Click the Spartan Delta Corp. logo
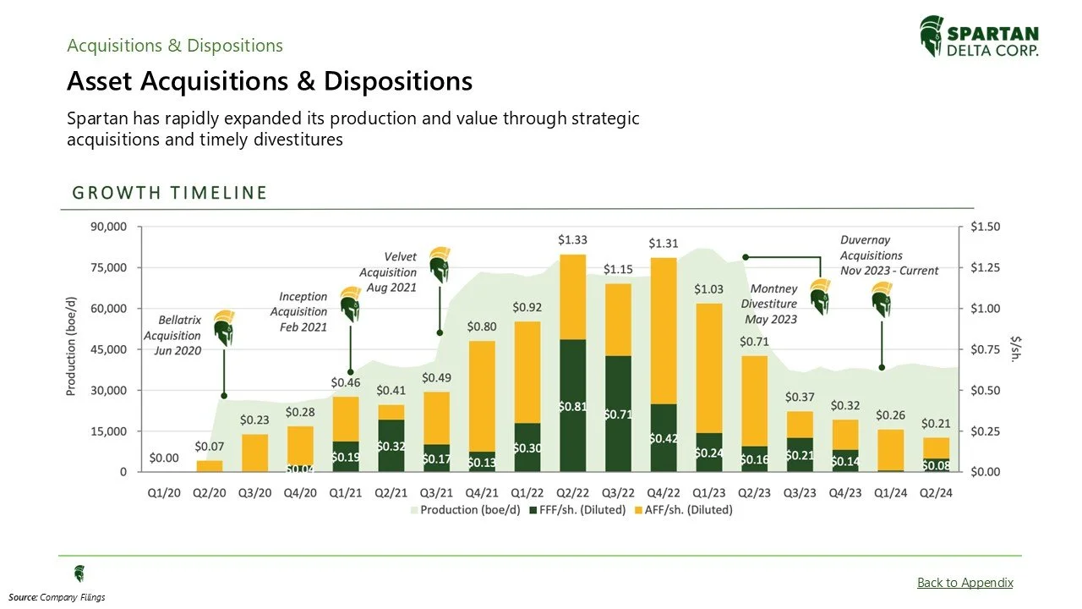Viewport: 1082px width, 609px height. [x=979, y=37]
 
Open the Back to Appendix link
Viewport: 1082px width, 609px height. [x=965, y=582]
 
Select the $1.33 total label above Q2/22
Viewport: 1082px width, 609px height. [x=572, y=240]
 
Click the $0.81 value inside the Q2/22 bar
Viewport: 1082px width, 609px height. [x=572, y=406]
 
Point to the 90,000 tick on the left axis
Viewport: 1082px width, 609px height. [x=107, y=227]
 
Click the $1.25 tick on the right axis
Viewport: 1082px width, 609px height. [x=986, y=267]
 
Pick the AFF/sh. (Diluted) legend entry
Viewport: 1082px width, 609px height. [x=686, y=510]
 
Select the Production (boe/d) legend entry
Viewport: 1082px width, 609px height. [x=464, y=510]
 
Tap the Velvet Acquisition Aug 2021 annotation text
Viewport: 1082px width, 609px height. [x=388, y=272]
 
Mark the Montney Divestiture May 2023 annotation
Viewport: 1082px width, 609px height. [x=769, y=304]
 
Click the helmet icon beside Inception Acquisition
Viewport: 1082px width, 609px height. [x=350, y=304]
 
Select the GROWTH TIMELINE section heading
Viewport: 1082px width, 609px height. [x=170, y=193]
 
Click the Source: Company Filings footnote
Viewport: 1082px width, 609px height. [x=57, y=598]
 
